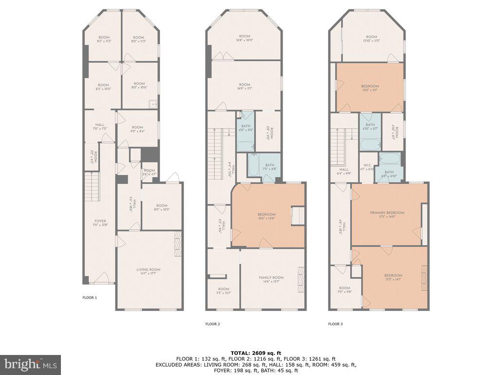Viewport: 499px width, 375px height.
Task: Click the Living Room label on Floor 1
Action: tap(148, 271)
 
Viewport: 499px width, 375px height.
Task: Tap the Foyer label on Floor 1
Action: tap(100, 223)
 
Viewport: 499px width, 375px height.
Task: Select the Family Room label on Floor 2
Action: tap(271, 279)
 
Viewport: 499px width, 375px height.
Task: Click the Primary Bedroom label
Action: tap(387, 215)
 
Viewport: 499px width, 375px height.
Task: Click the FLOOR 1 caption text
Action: tap(89, 297)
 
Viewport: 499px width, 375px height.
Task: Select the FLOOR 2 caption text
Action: tap(212, 324)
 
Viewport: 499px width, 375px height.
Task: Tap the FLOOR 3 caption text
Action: tap(335, 324)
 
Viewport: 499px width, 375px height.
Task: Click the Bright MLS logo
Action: tap(30, 364)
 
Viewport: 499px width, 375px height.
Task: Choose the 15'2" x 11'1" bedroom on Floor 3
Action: tap(369, 88)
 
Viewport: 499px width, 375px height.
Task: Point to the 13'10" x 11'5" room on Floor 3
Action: tap(372, 39)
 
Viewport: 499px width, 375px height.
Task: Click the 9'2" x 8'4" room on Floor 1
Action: tap(138, 129)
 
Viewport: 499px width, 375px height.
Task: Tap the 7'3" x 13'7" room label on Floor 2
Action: tap(223, 291)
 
